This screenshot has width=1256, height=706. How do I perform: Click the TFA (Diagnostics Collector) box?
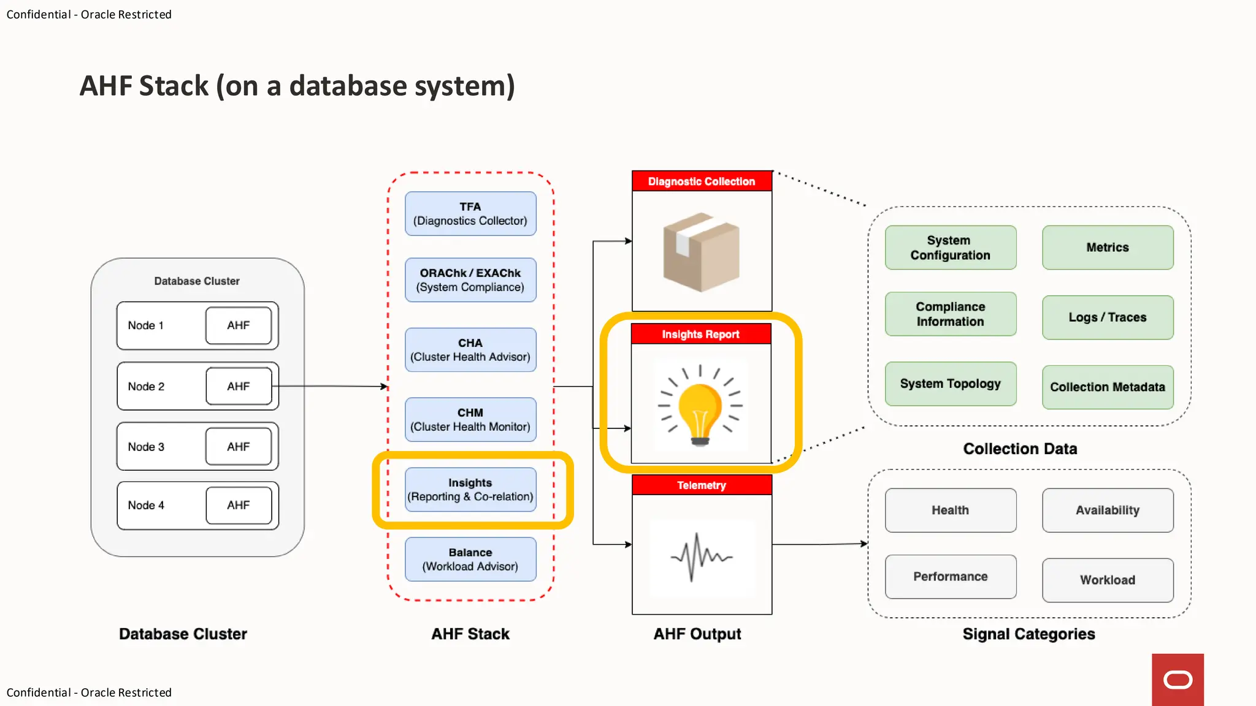[x=470, y=213]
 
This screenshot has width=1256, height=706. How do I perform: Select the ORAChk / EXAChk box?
[x=470, y=279]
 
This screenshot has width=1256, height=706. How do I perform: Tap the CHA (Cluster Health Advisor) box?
[x=470, y=349]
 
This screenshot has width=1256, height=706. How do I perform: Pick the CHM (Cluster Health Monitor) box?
[x=470, y=419]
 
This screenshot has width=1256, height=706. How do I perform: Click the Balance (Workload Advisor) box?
[x=470, y=559]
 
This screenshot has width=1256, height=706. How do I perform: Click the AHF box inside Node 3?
[x=239, y=446]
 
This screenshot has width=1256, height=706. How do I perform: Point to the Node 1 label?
[x=146, y=325]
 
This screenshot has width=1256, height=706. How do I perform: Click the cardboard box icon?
[x=701, y=252]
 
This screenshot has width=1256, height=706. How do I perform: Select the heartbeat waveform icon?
[x=701, y=556]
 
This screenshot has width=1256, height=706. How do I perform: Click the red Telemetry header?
[x=702, y=485]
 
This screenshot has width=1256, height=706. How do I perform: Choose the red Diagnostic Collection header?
[x=702, y=181]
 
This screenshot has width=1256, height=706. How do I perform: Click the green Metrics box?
[x=1108, y=248]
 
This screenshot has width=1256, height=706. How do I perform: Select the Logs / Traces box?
[x=1108, y=317]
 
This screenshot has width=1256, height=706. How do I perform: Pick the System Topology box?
[x=951, y=384]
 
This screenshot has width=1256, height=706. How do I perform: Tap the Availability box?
[x=1108, y=510]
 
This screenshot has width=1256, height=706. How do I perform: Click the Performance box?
[x=951, y=576]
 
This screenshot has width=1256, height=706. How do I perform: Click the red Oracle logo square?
[x=1177, y=679]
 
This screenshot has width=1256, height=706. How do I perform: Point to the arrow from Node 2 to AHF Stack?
[x=331, y=386]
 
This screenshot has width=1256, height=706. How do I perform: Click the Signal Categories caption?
[x=1028, y=634]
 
